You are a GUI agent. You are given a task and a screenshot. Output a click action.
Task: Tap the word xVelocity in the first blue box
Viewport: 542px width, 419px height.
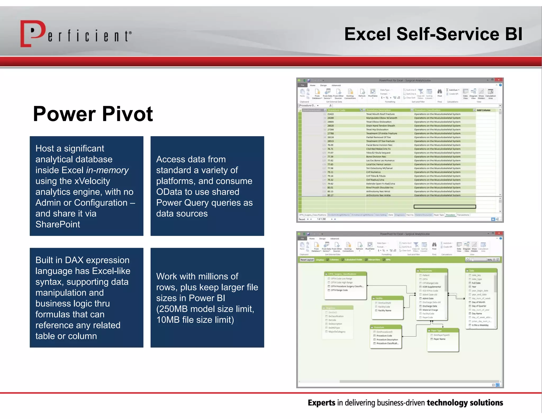(x=92, y=181)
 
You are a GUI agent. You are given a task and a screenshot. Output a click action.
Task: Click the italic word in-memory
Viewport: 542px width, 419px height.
(x=107, y=170)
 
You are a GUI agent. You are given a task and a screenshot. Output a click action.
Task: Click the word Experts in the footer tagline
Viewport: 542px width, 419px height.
(x=322, y=403)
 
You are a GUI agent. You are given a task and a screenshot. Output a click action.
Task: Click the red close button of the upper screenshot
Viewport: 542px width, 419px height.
(x=498, y=80)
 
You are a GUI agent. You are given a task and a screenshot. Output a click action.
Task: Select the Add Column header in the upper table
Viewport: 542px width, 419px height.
(x=484, y=110)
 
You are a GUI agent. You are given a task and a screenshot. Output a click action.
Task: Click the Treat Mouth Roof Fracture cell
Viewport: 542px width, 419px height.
(x=380, y=114)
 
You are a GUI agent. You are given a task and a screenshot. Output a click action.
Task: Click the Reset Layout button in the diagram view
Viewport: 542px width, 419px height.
(x=307, y=260)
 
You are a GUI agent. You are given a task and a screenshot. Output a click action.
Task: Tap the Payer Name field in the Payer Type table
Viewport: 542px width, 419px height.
(x=440, y=339)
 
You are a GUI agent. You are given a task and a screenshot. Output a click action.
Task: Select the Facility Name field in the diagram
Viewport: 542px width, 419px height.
(x=385, y=310)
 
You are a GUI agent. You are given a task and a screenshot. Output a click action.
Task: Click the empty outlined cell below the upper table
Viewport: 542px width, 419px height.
(x=445, y=207)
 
